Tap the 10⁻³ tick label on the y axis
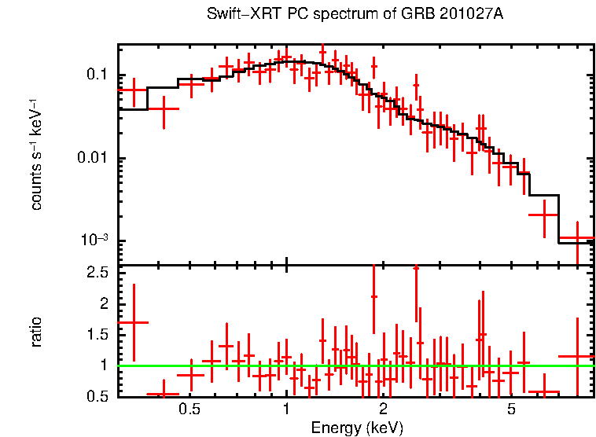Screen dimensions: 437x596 pyautogui.click(x=94, y=240)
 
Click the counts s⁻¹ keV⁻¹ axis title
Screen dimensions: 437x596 pyautogui.click(x=36, y=154)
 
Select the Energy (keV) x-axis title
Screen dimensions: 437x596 pyautogui.click(x=357, y=428)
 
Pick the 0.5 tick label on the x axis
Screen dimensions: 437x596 pyautogui.click(x=189, y=409)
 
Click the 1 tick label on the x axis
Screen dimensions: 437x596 pyautogui.click(x=286, y=409)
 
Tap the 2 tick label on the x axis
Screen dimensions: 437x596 pyautogui.click(x=383, y=409)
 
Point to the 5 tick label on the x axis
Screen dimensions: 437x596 pyautogui.click(x=511, y=409)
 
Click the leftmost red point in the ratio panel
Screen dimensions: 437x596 pyautogui.click(x=134, y=322)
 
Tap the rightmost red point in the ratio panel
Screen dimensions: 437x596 pyautogui.click(x=576, y=356)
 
